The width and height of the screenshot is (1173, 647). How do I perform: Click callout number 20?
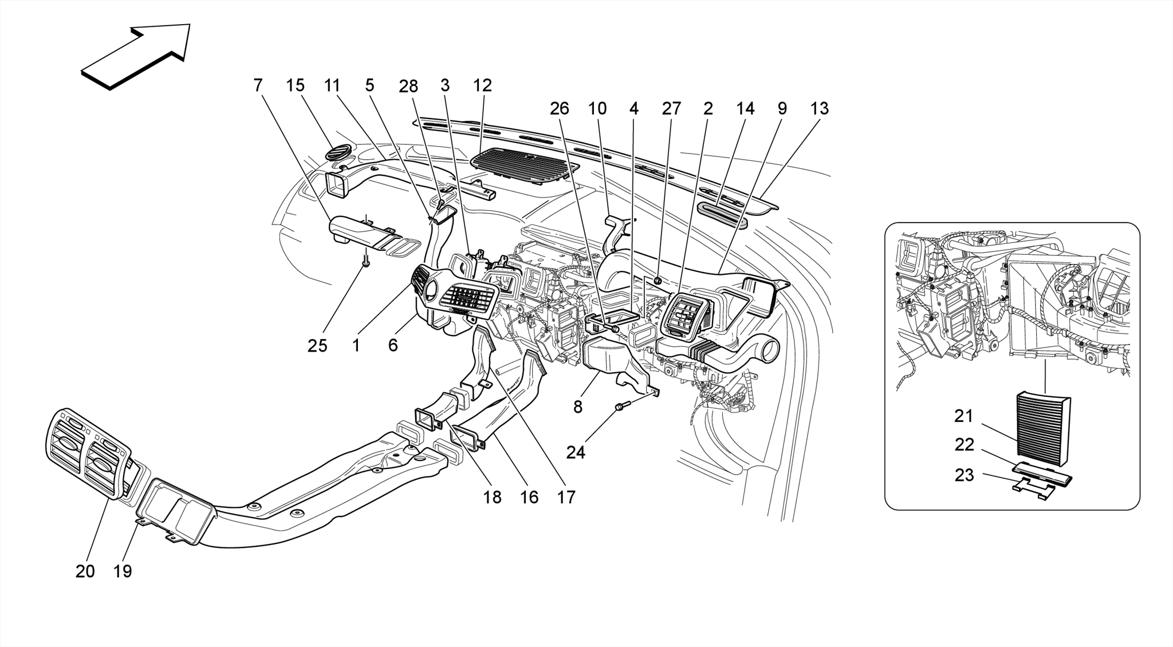coord(85,571)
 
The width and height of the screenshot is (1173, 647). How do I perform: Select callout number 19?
coord(123,571)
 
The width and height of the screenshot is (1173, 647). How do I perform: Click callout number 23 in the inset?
coord(964,475)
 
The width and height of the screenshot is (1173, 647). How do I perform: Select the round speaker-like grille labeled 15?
coord(336,153)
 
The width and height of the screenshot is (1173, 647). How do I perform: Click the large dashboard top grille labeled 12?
coord(524,165)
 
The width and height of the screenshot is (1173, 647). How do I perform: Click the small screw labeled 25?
coord(365,263)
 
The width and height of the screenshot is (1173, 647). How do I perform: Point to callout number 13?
coord(820,108)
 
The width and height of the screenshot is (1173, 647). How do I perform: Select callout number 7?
coord(258,85)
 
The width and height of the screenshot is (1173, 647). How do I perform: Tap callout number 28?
coord(408,86)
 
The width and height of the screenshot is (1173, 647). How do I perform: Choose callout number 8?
coord(577,407)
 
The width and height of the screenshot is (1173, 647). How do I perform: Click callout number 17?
coord(566,497)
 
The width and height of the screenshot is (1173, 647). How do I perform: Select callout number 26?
coord(560,108)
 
